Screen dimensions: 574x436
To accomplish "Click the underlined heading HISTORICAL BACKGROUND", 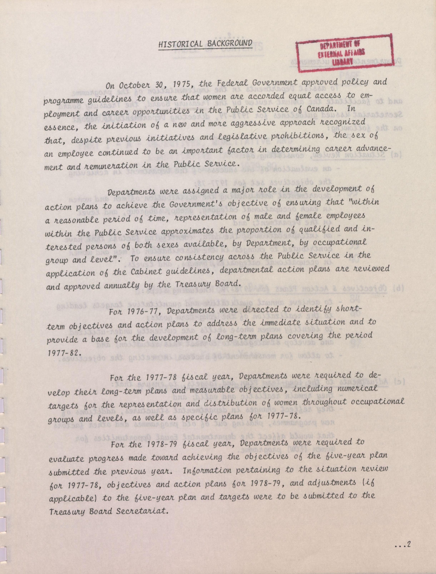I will point(205,43).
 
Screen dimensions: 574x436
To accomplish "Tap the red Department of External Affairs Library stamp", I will point(345,53).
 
